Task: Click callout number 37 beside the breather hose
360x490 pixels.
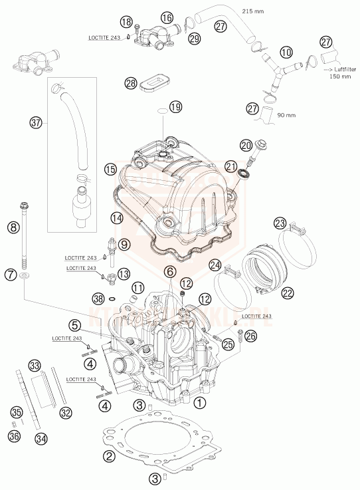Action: coord(35,122)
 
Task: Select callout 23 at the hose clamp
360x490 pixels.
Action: coord(280,223)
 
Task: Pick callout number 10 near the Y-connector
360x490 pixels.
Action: coord(286,51)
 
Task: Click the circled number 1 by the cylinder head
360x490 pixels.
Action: coord(200,402)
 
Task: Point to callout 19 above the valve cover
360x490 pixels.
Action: coord(175,107)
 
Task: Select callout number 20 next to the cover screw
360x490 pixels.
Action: coord(245,146)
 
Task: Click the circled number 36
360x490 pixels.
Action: coord(13,436)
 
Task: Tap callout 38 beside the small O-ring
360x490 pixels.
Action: coord(98,299)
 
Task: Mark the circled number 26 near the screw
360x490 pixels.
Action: coord(249,336)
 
